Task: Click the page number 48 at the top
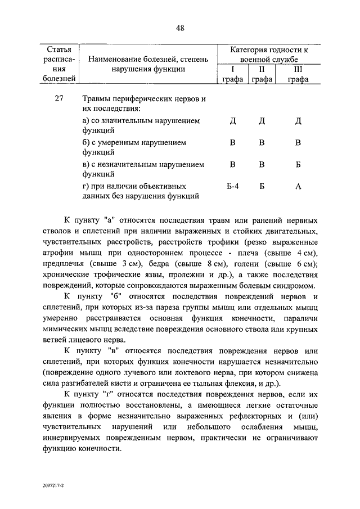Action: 180,28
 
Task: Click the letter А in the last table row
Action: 298,187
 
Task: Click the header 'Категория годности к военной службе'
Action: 265,55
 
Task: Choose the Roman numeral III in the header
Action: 298,69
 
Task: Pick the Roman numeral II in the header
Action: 262,69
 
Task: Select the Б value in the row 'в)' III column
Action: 298,165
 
